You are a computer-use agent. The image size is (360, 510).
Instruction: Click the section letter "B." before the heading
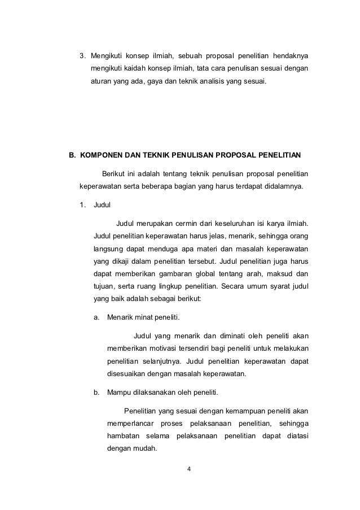72,154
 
